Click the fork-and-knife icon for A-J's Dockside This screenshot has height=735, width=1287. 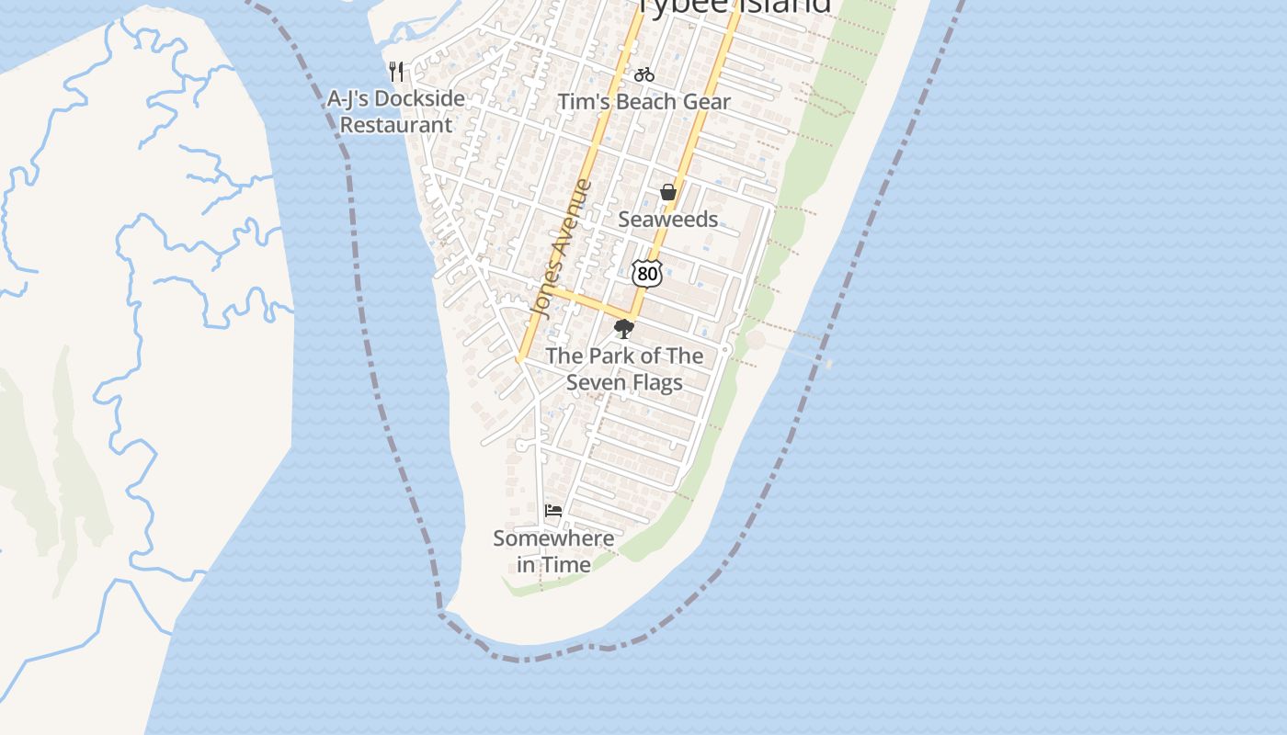(397, 72)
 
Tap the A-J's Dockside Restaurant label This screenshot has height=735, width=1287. (396, 111)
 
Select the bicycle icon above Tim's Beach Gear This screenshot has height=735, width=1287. (644, 74)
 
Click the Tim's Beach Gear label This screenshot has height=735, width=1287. (644, 102)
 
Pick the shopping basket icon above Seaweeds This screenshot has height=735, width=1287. (668, 192)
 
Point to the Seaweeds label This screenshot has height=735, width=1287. (667, 219)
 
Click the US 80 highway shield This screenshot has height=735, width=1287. (647, 273)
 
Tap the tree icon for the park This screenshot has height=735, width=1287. (624, 329)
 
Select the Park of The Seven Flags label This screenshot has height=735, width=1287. (624, 368)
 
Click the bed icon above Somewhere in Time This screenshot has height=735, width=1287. (553, 511)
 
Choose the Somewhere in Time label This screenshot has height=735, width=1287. (553, 551)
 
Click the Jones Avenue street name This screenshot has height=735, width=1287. (562, 248)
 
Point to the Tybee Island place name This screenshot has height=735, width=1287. (735, 6)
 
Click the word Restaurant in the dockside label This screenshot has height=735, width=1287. (396, 125)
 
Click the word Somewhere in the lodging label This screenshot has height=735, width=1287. (553, 538)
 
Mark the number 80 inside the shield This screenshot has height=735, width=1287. (647, 274)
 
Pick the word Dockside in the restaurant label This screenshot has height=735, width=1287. (420, 98)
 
